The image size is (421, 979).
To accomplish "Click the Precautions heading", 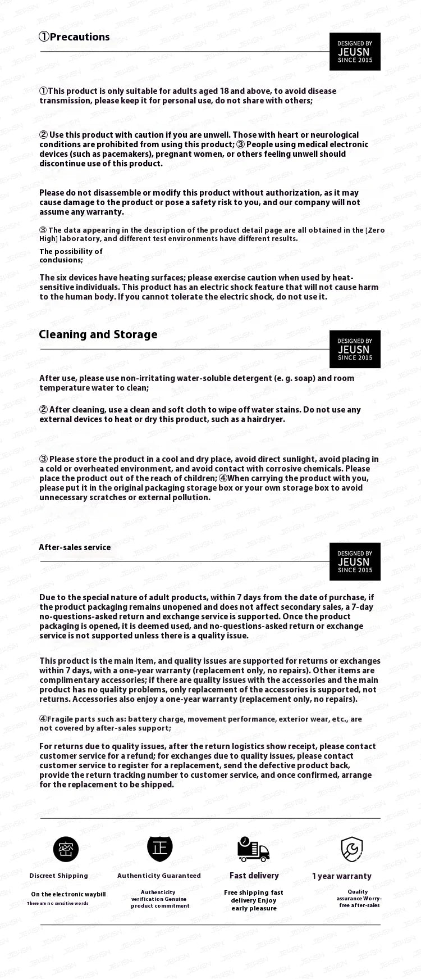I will click(x=74, y=37).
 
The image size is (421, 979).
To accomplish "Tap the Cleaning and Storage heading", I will click(x=98, y=334).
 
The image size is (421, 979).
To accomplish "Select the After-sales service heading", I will click(x=75, y=547).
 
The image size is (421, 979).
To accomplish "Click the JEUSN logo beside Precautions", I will click(x=355, y=52).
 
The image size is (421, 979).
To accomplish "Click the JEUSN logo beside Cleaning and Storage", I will click(x=355, y=349).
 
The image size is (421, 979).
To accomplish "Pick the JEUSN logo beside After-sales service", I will click(x=355, y=561).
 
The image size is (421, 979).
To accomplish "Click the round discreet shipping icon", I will click(x=66, y=849).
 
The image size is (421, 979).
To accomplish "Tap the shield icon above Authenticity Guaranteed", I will click(x=160, y=848).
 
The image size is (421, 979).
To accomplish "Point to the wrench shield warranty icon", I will click(x=352, y=849).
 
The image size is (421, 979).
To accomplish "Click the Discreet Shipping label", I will click(x=59, y=876).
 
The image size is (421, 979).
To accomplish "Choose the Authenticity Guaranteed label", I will click(x=159, y=876).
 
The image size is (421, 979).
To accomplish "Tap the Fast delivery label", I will click(x=254, y=876).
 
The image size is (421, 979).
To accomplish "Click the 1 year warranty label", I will click(x=342, y=876).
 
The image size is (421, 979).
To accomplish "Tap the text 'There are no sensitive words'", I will click(x=58, y=904).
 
